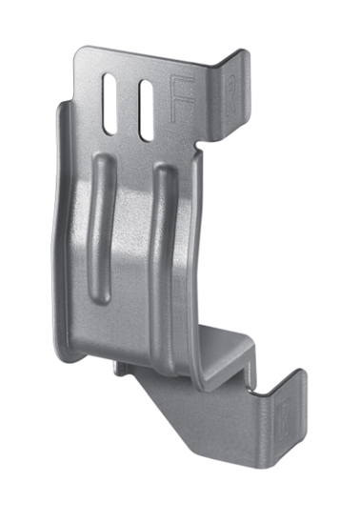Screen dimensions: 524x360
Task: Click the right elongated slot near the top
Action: tap(146, 106)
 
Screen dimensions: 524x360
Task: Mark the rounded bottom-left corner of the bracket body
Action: tap(64, 351)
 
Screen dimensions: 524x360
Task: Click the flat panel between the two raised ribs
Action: tap(133, 238)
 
